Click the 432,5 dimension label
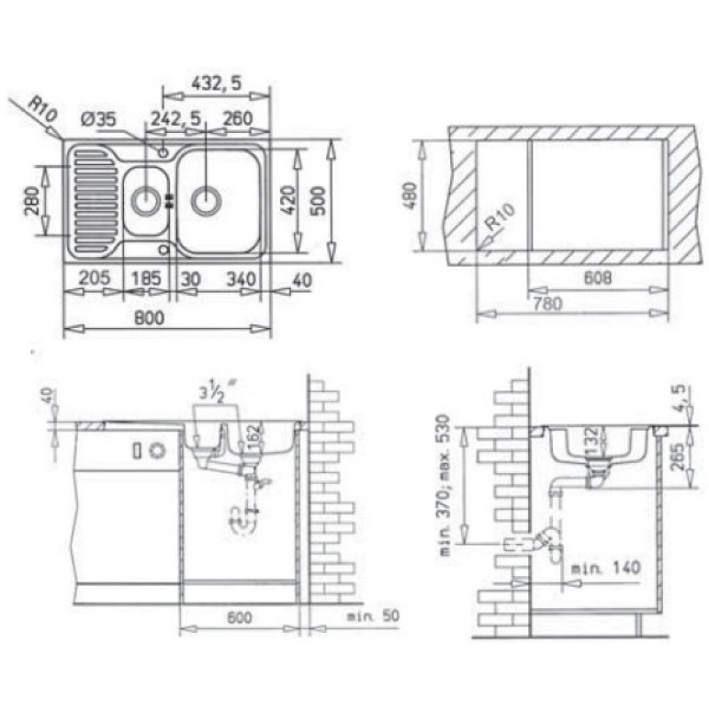point(216,83)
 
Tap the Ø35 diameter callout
point(98,120)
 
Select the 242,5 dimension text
point(175,119)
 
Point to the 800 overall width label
point(149,318)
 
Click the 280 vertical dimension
point(32,201)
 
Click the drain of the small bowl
point(145,201)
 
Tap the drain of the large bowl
point(206,200)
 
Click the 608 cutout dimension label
point(597,277)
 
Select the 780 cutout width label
point(548,303)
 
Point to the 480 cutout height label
point(409,196)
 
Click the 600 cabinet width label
point(239,618)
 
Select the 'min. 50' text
point(373,616)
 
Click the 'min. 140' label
point(606,567)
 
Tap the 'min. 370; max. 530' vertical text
point(444,485)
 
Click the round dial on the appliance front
point(158,450)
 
